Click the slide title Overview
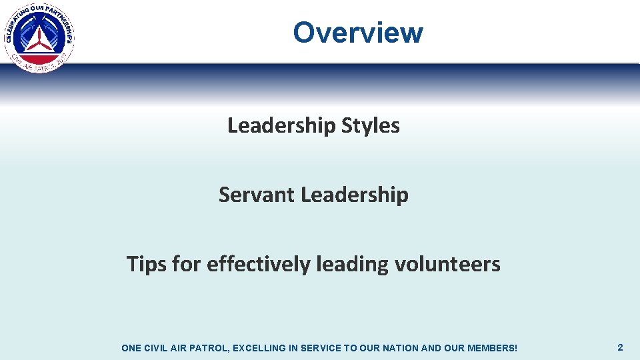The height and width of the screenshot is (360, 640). coord(358,32)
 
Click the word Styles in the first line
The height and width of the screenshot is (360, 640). coord(370,125)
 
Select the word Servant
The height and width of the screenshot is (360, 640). coord(257,195)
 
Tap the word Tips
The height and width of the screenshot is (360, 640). coord(146,265)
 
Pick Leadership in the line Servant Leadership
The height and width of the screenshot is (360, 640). coord(355,195)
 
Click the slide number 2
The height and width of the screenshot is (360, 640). coord(620,347)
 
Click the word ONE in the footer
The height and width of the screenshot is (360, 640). coord(131,348)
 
